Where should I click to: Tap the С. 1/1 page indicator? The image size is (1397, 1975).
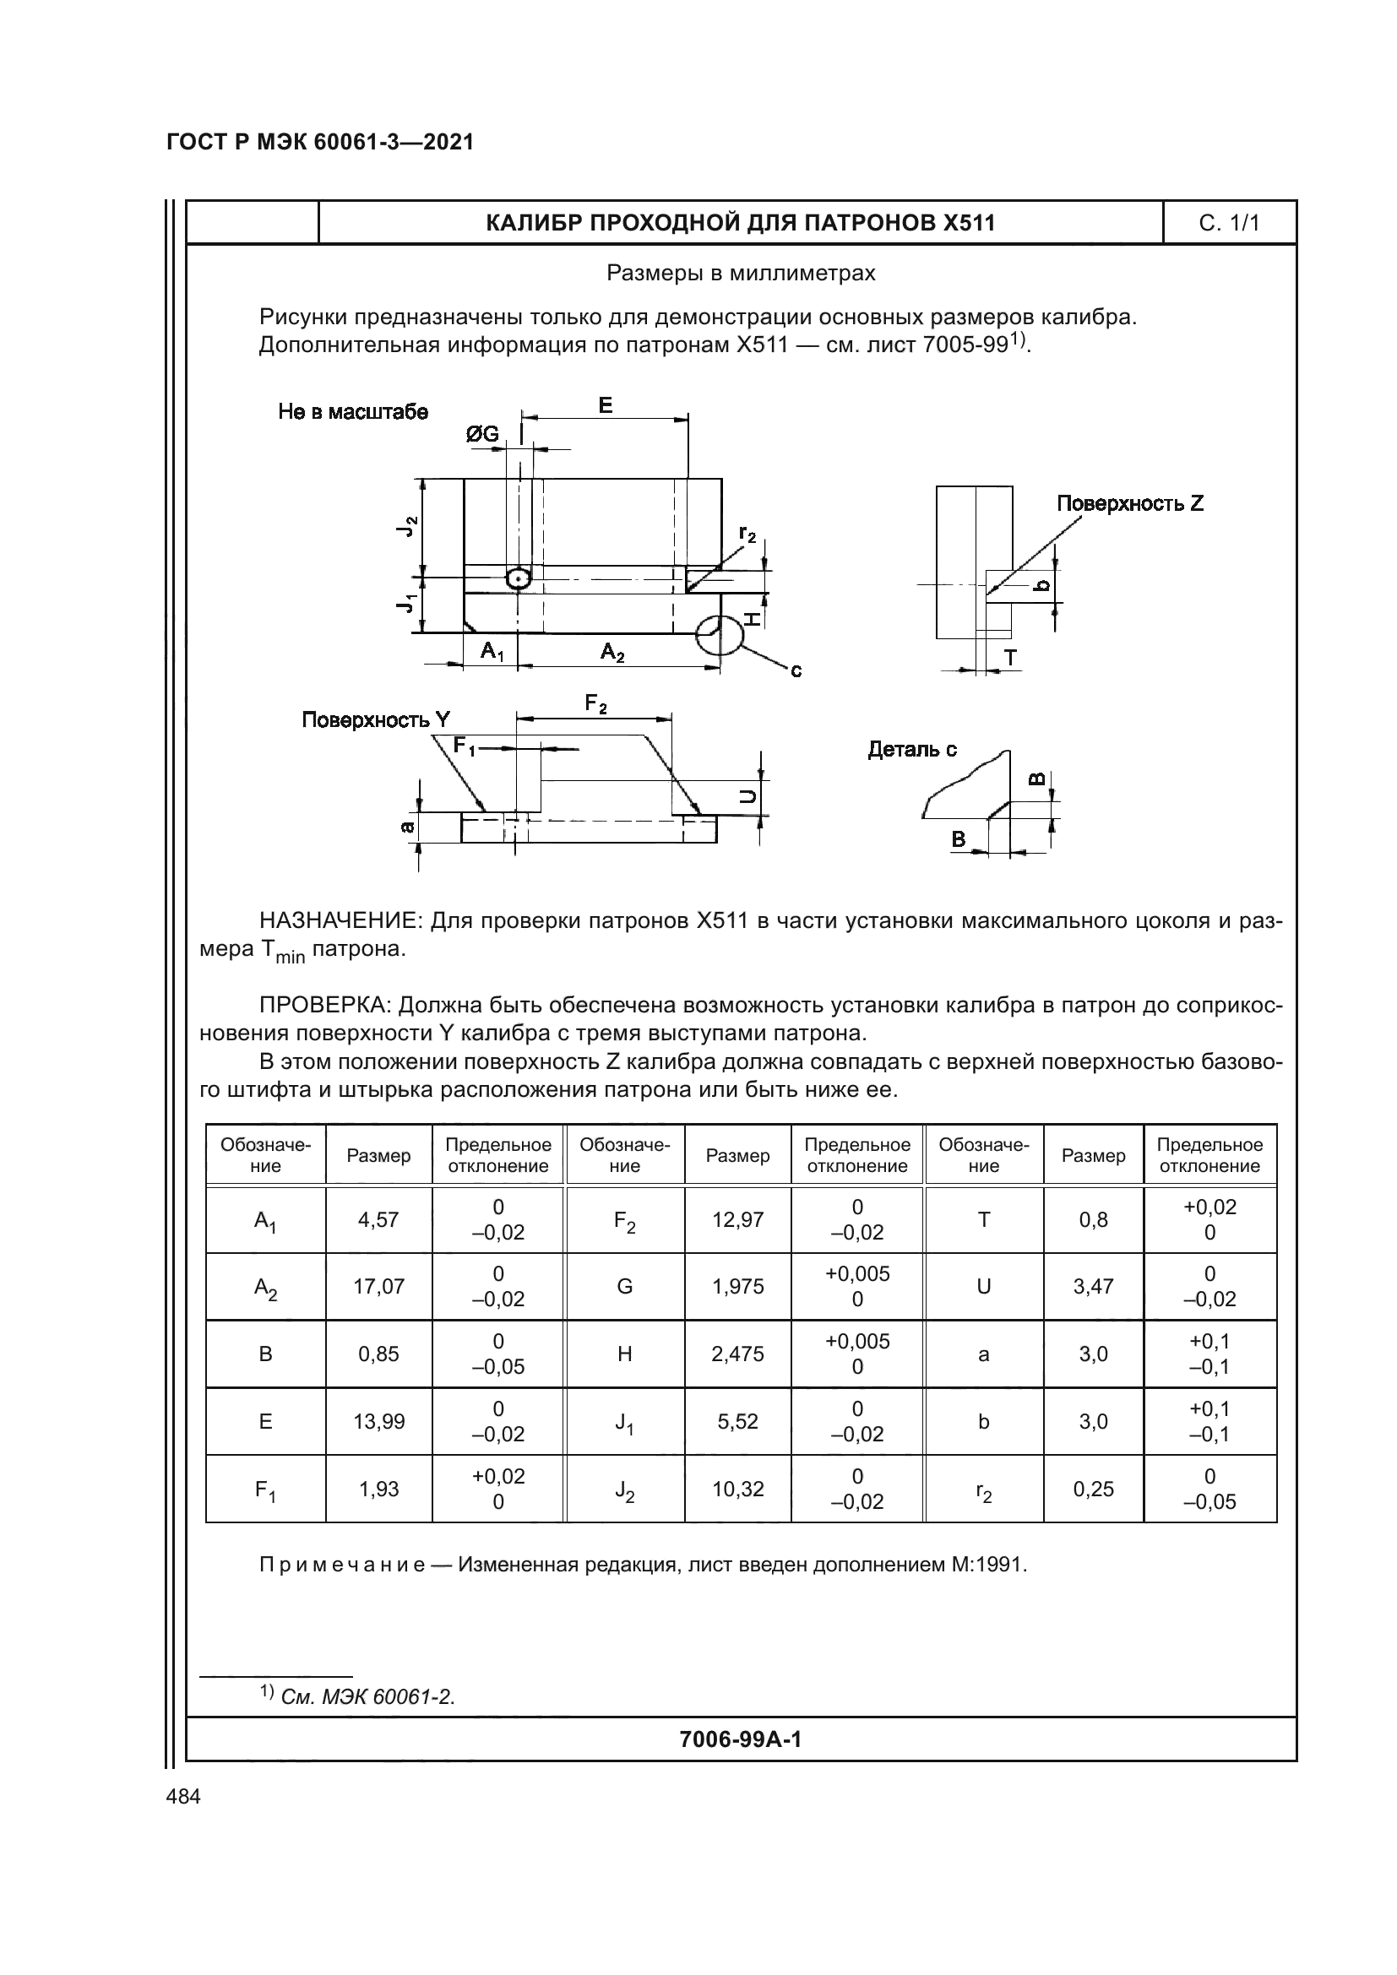1229,223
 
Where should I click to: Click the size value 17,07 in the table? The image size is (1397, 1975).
378,1286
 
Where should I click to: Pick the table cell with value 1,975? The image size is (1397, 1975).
737,1286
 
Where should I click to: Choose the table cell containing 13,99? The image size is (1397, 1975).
378,1421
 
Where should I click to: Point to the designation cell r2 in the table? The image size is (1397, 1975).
983,1489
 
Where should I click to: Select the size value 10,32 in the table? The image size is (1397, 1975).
737,1489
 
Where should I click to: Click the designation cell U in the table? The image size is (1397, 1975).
983,1286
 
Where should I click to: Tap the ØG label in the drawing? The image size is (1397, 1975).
482,434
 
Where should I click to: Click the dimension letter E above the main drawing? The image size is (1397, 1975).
606,405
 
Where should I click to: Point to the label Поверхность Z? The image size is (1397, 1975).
1129,504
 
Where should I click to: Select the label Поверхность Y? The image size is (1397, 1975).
375,720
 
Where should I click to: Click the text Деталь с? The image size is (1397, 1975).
912,749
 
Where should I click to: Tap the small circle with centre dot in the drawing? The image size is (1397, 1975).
518,579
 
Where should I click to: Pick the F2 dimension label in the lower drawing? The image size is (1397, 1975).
595,703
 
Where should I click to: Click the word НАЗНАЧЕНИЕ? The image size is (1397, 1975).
340,921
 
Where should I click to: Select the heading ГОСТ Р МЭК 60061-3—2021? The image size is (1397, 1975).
320,143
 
